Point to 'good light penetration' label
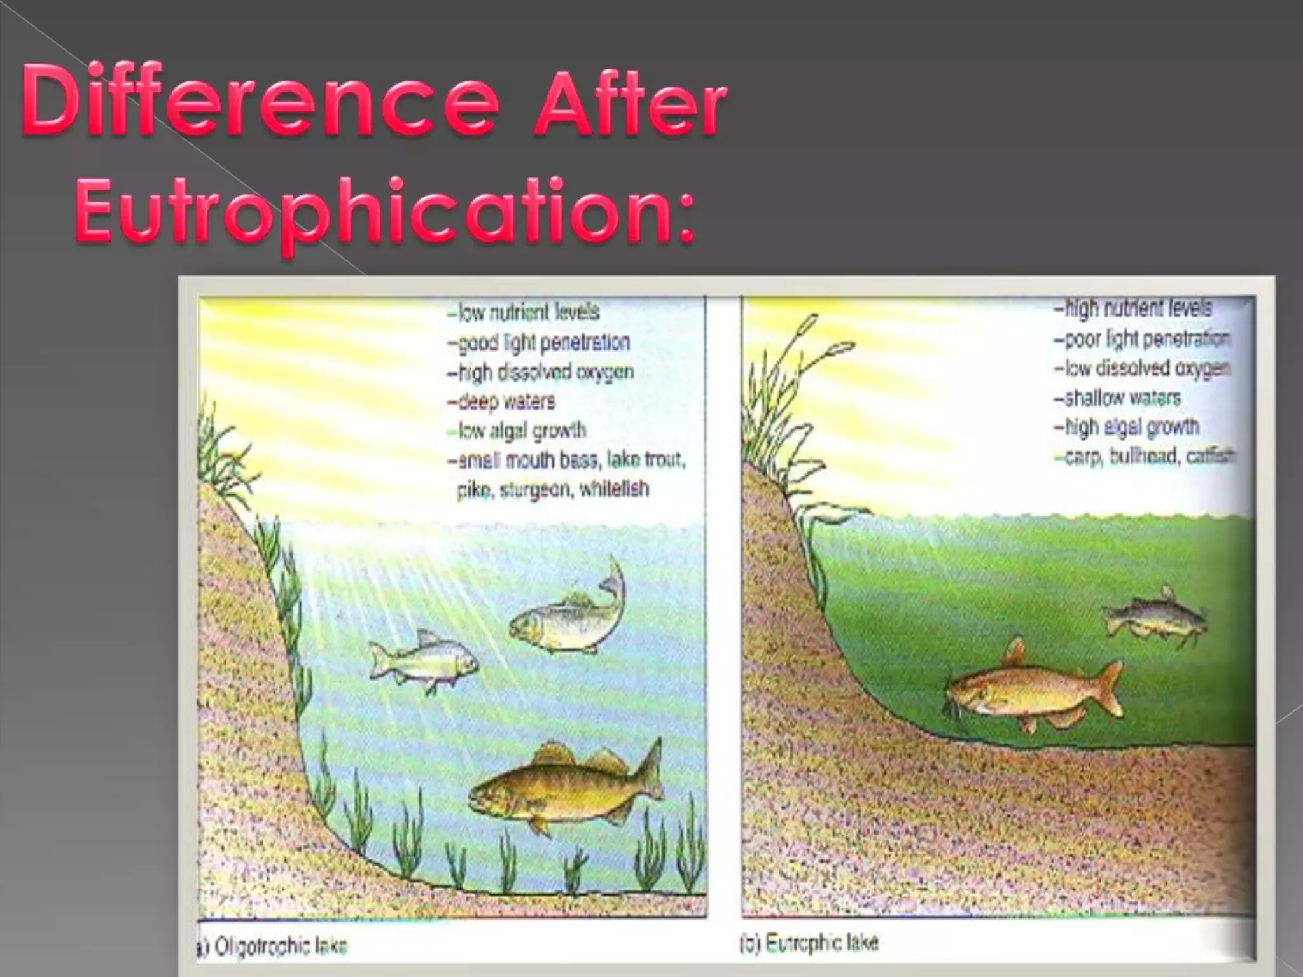tap(538, 342)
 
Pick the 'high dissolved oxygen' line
tap(540, 372)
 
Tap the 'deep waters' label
tap(501, 402)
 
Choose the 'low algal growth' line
tap(517, 431)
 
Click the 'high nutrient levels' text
tap(1132, 308)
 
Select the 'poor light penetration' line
tap(1141, 339)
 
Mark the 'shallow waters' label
tap(1117, 398)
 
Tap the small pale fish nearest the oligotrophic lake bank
tap(423, 662)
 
